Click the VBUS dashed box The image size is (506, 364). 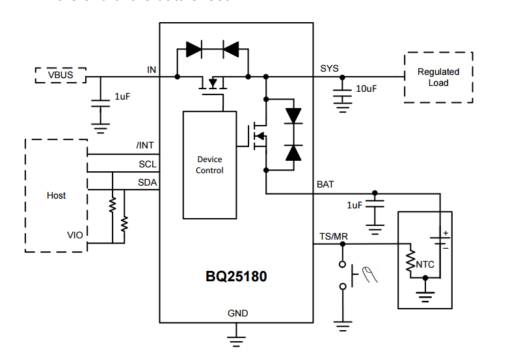(60, 76)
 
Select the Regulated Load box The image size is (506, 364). (438, 77)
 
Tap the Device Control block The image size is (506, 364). (209, 165)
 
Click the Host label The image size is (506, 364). (57, 195)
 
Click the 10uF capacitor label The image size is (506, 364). (366, 89)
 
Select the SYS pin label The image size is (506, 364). (329, 68)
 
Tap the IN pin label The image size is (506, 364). (152, 68)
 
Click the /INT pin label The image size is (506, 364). (146, 146)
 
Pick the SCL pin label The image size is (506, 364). (147, 164)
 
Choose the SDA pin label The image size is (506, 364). (147, 182)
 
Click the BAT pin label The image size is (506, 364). (325, 184)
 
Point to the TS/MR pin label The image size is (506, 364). (333, 236)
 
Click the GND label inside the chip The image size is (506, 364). (237, 313)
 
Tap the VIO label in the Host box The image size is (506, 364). (75, 234)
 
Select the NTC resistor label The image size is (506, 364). (425, 264)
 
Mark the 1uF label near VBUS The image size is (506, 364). (123, 96)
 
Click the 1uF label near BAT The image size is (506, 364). (354, 205)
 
